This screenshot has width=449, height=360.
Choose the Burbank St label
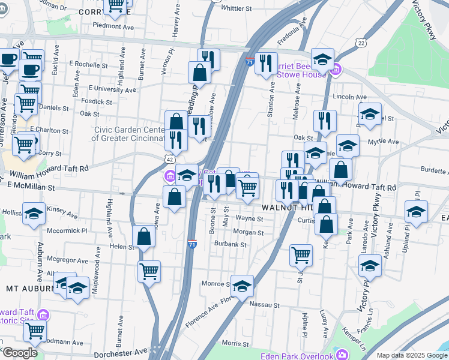tap(231, 245)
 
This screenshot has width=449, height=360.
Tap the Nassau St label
tap(265, 305)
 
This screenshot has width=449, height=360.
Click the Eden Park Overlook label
tap(297, 356)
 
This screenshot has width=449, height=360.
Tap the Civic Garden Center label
tap(128, 133)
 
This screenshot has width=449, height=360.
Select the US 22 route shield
tap(360, 43)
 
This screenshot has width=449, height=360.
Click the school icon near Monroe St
tap(242, 286)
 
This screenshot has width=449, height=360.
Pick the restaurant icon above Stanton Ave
tap(265, 62)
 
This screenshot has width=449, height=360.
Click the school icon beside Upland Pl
tap(415, 211)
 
